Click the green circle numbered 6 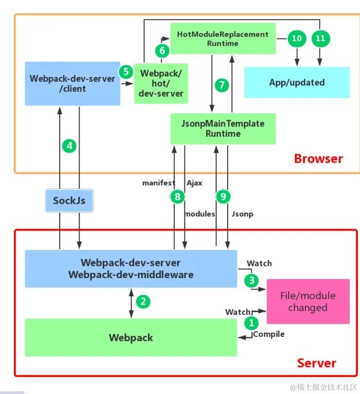point(162,51)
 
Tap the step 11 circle point(321,38)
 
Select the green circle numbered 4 point(69,146)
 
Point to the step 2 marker point(143,302)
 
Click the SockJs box point(69,201)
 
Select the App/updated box point(297,82)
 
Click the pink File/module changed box point(308,301)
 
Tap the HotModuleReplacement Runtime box point(223,38)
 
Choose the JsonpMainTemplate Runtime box point(223,129)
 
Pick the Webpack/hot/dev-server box point(161,84)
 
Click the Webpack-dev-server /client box point(73,84)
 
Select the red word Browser point(318,159)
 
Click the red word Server point(317,364)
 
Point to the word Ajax point(194,183)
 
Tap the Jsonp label point(242,214)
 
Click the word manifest point(158,183)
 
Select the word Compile point(269,334)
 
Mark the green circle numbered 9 point(223,196)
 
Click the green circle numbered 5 point(126,72)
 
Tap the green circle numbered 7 point(222,85)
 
